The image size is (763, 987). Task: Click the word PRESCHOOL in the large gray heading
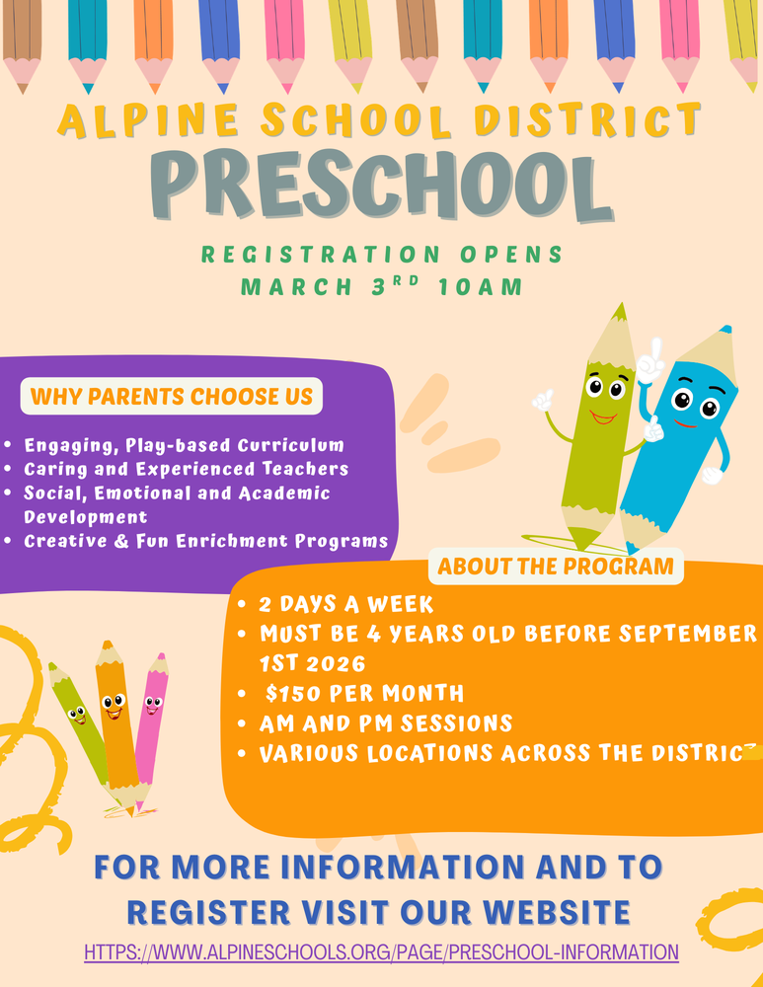[381, 186]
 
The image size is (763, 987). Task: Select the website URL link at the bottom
[381, 952]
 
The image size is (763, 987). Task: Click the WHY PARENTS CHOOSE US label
[172, 397]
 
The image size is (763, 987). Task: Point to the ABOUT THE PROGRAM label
[556, 567]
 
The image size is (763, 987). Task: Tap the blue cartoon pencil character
[682, 434]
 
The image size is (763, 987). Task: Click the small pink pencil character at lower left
[151, 725]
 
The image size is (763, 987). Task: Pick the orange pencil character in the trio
[114, 716]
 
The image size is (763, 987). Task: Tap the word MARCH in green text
[285, 288]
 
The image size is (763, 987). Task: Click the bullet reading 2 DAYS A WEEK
[345, 604]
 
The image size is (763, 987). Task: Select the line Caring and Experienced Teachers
[186, 468]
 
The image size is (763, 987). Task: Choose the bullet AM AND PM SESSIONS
[385, 723]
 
